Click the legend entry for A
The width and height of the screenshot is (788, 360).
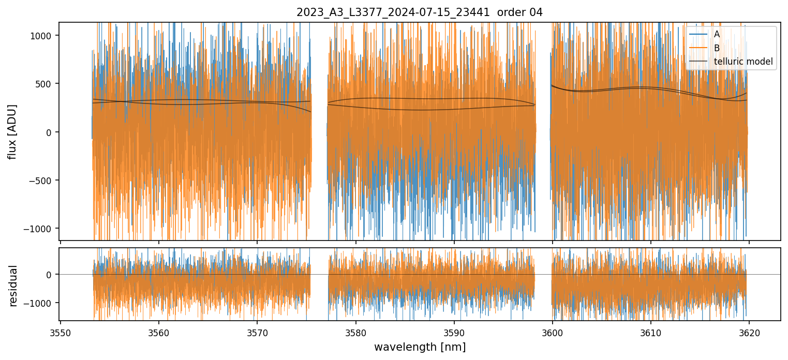717,34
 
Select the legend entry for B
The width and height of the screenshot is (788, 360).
717,48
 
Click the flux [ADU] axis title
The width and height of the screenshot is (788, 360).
12,131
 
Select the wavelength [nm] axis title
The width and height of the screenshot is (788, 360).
420,347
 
